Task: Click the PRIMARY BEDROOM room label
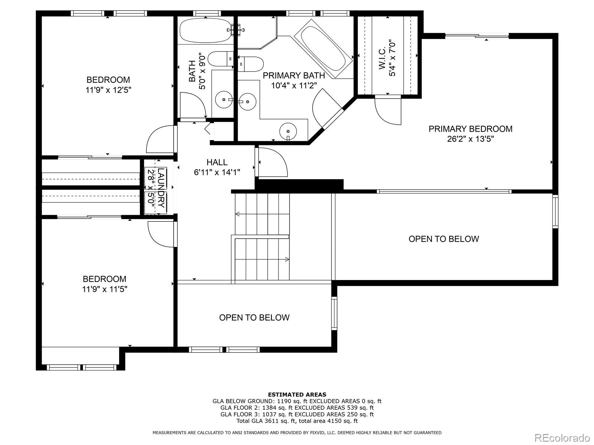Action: coord(470,129)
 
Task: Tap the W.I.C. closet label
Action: coord(382,59)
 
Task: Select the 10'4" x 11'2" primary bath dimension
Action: coord(294,86)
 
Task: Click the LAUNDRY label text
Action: coord(161,188)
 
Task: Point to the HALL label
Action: coord(217,162)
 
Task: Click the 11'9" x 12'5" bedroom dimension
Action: coord(108,90)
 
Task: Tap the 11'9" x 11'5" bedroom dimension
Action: coord(105,289)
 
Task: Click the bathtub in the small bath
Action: coord(205,30)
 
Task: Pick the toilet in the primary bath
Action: coord(251,63)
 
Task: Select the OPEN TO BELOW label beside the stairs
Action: coord(254,317)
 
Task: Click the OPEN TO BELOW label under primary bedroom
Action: coord(444,239)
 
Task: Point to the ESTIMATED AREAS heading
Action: coord(297,395)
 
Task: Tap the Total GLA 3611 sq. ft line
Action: coord(297,421)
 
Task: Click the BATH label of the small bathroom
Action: coord(192,71)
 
